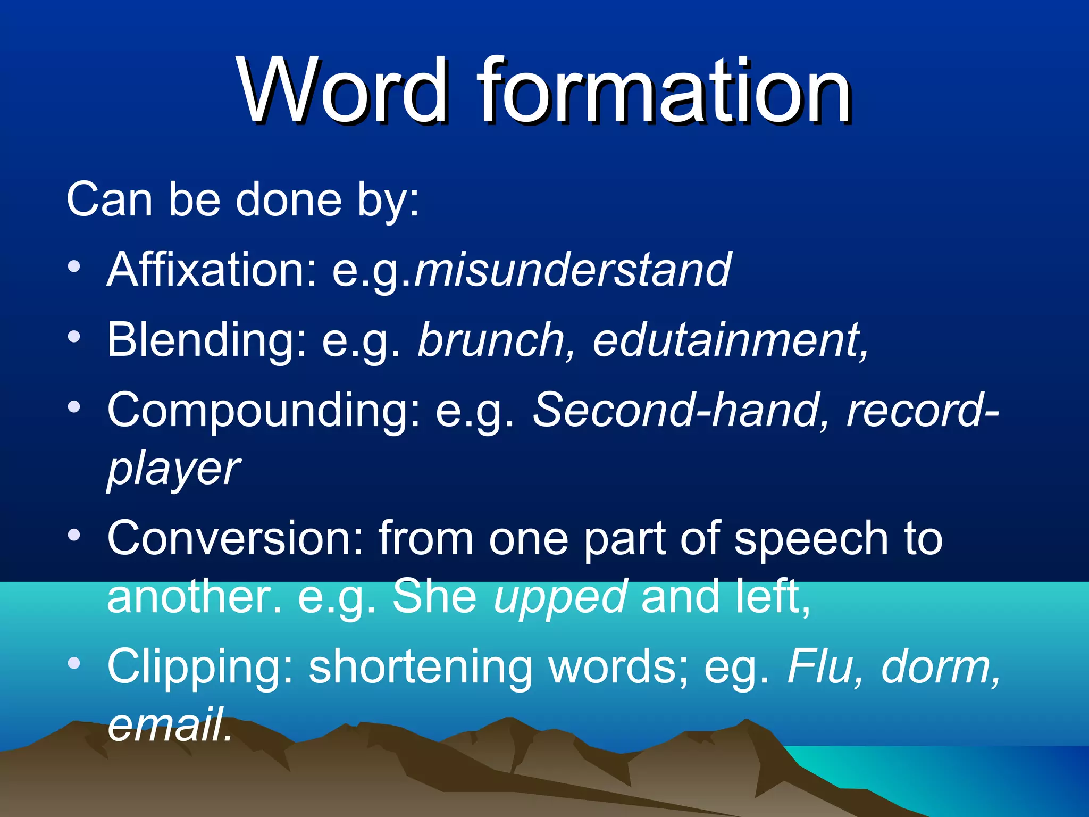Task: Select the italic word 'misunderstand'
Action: click(x=573, y=270)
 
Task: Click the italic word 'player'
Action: click(x=173, y=470)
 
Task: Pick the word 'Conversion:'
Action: click(x=234, y=539)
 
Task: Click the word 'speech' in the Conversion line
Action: click(x=811, y=539)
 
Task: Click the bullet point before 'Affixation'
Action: click(x=74, y=266)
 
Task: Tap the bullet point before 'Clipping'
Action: click(x=74, y=663)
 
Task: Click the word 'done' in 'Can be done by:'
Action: click(x=289, y=199)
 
